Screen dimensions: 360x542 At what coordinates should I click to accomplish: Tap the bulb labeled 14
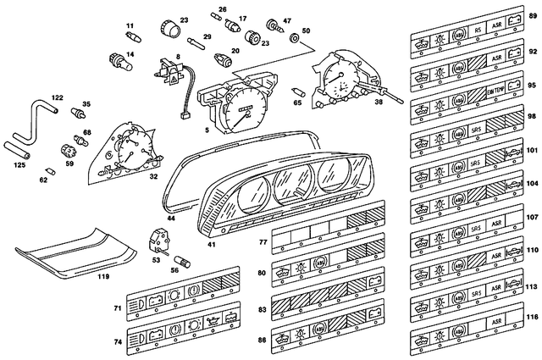[x=114, y=58]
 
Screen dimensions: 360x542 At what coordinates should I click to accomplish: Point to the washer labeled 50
[x=294, y=39]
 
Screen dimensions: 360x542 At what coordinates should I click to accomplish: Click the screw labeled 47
[x=274, y=25]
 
